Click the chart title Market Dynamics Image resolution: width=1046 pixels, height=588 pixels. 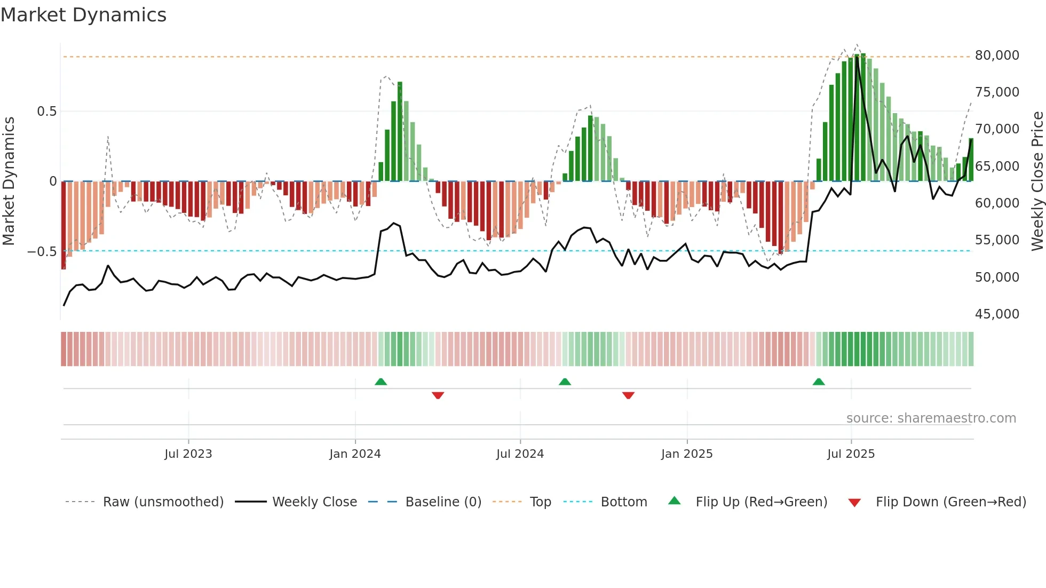83,15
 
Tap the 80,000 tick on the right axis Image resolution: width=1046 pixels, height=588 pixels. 996,55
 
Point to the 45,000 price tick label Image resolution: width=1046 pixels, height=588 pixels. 996,314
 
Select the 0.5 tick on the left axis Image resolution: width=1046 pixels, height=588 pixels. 46,112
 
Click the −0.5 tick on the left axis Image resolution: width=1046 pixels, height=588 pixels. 42,252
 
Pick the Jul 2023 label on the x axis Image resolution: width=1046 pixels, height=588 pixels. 188,454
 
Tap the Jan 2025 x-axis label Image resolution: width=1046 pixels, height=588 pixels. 686,454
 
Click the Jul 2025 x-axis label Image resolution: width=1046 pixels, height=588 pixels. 851,454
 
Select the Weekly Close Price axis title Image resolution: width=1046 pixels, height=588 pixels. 1037,181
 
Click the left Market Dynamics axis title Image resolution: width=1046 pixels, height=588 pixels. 9,181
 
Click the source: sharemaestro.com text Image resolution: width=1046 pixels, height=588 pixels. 931,418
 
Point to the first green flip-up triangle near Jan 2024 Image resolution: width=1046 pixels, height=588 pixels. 381,382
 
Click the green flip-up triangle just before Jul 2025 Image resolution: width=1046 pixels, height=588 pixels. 818,382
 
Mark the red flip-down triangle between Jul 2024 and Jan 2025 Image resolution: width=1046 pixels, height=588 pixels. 628,395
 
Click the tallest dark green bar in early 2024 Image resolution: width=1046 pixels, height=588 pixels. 400,131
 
